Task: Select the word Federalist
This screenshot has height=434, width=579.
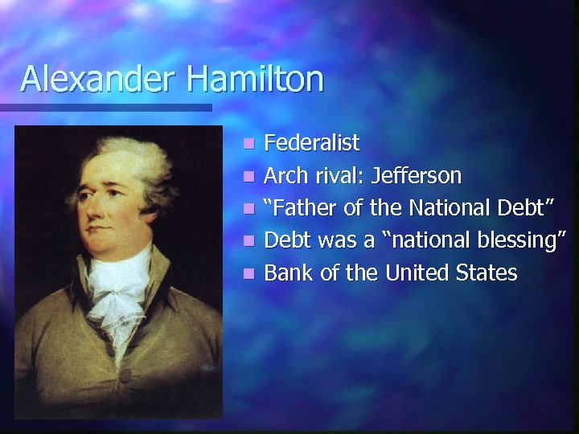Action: [311, 144]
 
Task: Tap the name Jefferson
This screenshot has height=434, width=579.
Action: [417, 176]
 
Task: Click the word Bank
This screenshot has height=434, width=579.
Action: [289, 272]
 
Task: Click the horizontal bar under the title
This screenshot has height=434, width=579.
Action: [105, 107]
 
